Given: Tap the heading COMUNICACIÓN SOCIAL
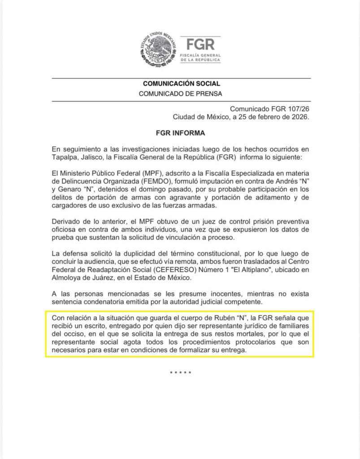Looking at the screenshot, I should point(181,84).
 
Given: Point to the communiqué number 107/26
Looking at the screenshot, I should point(295,109).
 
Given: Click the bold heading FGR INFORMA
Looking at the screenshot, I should point(180,133).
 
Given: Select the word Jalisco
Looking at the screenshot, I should point(92,157).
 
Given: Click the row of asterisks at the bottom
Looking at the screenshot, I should point(181,373).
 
